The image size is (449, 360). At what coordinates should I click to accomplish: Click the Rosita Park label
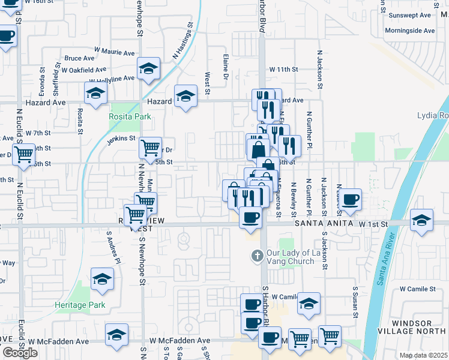coord(130,116)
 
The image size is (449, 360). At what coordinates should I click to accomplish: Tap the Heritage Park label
coord(80,305)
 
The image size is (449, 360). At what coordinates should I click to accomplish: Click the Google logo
coord(19,353)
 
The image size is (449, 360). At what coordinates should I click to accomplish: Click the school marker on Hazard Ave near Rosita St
coord(95,94)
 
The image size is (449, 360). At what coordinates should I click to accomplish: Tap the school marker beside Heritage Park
coord(102,278)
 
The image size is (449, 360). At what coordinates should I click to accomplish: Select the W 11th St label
coord(284,70)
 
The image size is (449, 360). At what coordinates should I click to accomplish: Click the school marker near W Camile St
coord(309,304)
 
